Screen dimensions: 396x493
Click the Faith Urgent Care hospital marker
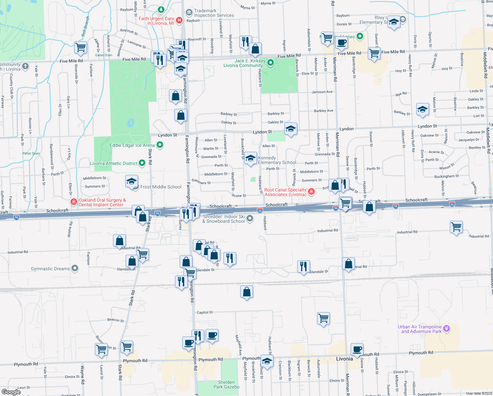point(179,20)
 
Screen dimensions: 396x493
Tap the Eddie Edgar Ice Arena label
point(132,145)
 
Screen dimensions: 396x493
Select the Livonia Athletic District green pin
point(142,163)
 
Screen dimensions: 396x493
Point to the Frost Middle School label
point(161,187)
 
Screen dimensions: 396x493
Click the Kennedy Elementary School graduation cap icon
point(251,158)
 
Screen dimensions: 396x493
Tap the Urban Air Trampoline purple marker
point(447,328)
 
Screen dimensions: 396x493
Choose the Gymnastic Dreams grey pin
point(75,268)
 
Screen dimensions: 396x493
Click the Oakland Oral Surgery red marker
point(74,201)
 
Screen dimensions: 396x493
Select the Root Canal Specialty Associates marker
point(311,191)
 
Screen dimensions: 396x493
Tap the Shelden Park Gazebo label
point(226,384)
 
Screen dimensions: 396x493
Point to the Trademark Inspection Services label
point(214,13)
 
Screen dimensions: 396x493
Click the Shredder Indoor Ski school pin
point(250,218)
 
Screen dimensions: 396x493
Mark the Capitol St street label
point(205,312)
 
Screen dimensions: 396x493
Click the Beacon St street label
point(115,320)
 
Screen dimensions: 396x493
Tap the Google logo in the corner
point(11,392)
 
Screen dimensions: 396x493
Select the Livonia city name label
point(344,359)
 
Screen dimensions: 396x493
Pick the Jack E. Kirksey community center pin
point(271,62)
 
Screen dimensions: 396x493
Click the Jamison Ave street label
point(322,92)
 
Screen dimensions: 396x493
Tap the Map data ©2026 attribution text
point(479,393)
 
